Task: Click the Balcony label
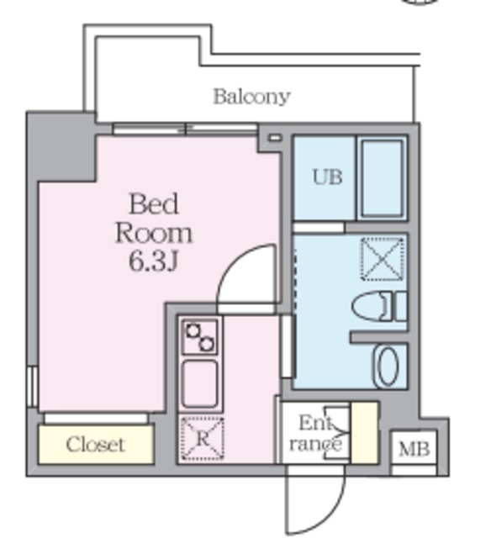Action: click(251, 96)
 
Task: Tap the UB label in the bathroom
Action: click(327, 177)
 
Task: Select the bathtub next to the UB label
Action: click(382, 179)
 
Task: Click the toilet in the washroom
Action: click(377, 306)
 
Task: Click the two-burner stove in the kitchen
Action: click(200, 338)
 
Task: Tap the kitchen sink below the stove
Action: click(200, 383)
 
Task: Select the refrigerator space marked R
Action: click(202, 438)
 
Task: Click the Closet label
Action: click(95, 445)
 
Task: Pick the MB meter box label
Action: click(413, 449)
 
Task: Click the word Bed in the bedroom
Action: click(153, 204)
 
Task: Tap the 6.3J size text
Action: click(153, 261)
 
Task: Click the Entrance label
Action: click(316, 433)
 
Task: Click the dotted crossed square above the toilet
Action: click(382, 259)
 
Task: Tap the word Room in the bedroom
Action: click(153, 232)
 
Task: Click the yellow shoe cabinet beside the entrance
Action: click(363, 432)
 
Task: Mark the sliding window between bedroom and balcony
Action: click(185, 129)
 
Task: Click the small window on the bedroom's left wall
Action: click(32, 386)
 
